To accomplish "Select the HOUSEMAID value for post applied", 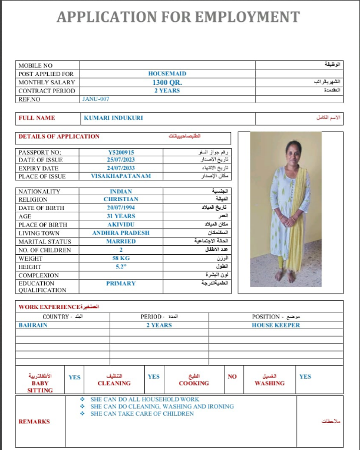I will coord(167,74).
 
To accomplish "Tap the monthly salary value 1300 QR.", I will coord(167,83).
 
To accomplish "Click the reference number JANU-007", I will coord(96,99).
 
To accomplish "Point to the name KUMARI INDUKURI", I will coord(113,118).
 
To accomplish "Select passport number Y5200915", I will coord(121,152).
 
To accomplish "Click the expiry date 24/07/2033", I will coord(121,168).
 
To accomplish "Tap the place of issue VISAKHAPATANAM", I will coord(121,176).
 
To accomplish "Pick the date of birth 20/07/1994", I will coord(121,208).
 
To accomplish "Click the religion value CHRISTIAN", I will coord(121,199).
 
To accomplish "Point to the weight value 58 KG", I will coord(121,258).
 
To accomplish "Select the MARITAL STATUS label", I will coord(44,241).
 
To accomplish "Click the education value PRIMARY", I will coord(121,284).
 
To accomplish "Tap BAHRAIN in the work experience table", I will coord(34,325).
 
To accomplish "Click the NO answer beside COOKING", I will coord(232,377).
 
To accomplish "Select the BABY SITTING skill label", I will coord(40,386).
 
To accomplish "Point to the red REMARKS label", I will coord(34,422).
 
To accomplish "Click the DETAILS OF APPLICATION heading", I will coord(59,136).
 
